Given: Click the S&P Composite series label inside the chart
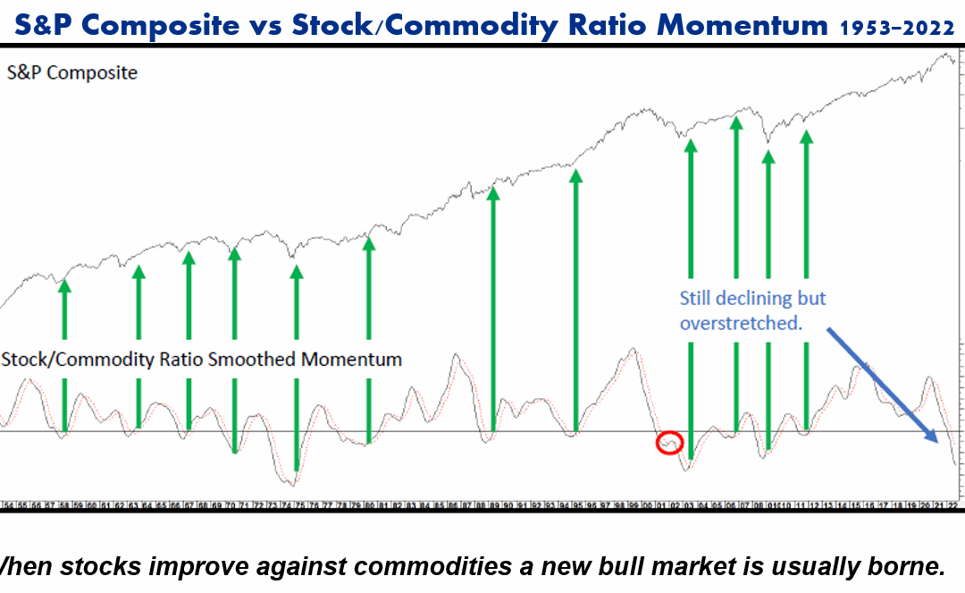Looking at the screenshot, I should pyautogui.click(x=72, y=72).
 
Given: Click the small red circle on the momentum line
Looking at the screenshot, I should pyautogui.click(x=669, y=442).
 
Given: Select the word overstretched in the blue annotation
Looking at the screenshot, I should pyautogui.click(x=741, y=322).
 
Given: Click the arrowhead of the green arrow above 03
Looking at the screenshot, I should pyautogui.click(x=690, y=146).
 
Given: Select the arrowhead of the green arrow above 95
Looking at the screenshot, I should pyautogui.click(x=576, y=176).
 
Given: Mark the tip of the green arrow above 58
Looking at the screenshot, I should pyautogui.click(x=64, y=285).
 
